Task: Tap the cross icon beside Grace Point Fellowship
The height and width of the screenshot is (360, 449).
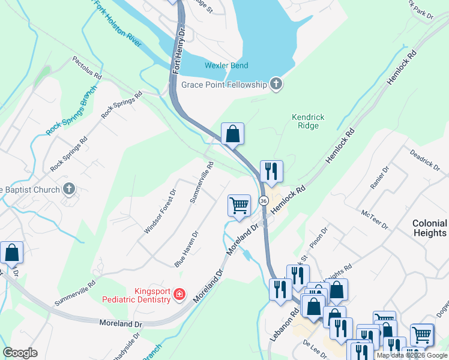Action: (x=276, y=84)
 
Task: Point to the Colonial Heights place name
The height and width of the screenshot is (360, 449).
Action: (x=429, y=227)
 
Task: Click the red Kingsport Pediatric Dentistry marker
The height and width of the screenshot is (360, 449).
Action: (x=178, y=294)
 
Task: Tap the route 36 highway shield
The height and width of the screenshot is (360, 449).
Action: (x=264, y=200)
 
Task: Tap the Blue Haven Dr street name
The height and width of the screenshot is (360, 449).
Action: (x=186, y=250)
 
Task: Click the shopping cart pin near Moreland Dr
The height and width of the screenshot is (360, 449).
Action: (x=239, y=205)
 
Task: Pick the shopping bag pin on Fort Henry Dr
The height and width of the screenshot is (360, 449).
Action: (x=232, y=134)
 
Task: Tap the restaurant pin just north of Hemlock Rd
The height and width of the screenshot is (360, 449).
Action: (x=271, y=171)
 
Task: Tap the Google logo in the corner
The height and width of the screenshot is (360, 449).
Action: (x=20, y=353)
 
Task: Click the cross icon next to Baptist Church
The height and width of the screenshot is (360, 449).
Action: (x=69, y=190)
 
